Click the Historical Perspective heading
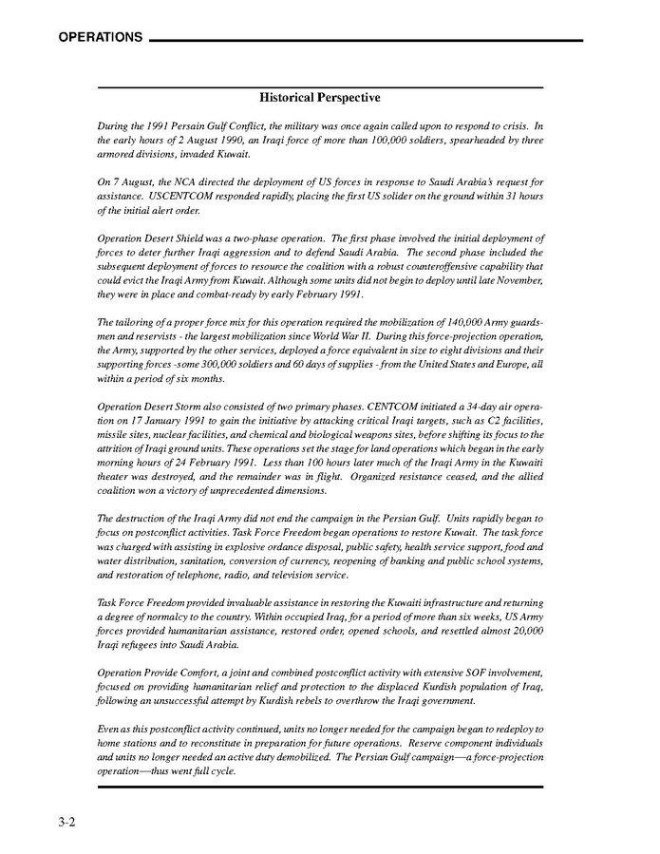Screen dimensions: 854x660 tap(320, 98)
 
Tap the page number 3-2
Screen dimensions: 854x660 tap(65, 823)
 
